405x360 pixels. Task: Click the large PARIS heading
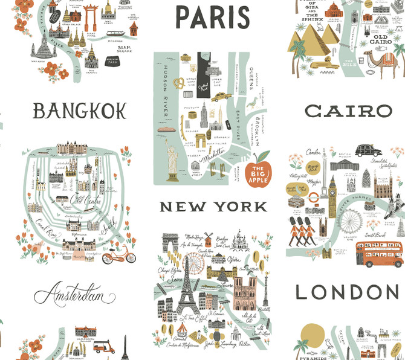coord(212,18)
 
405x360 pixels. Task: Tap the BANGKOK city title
coord(79,111)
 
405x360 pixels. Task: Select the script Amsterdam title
coord(74,295)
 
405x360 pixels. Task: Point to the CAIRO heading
coord(348,111)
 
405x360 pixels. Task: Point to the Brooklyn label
coord(256,130)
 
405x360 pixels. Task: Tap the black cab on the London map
coord(366,150)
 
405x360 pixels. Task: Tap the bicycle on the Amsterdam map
coord(118,256)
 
